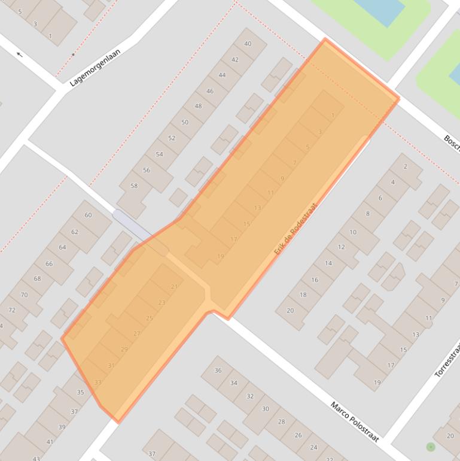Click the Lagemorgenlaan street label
pyautogui.click(x=95, y=68)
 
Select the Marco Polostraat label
pyautogui.click(x=355, y=421)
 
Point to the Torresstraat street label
pyautogui.click(x=446, y=360)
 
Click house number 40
pyautogui.click(x=248, y=44)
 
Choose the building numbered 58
pyautogui.click(x=134, y=186)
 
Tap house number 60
pyautogui.click(x=89, y=215)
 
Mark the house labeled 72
pyautogui.click(x=11, y=310)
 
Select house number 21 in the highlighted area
pyautogui.click(x=174, y=287)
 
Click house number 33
pyautogui.click(x=98, y=383)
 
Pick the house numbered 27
pyautogui.click(x=136, y=334)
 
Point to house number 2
pyautogui.click(x=405, y=166)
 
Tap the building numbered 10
pyautogui.click(x=353, y=232)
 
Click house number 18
pyautogui.click(x=303, y=295)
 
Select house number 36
pyautogui.click(x=218, y=371)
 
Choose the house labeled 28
pyautogui.click(x=281, y=421)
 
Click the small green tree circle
pyautogui.click(x=430, y=447)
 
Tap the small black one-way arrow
pyautogui.click(x=19, y=54)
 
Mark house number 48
pyautogui.click(x=198, y=106)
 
